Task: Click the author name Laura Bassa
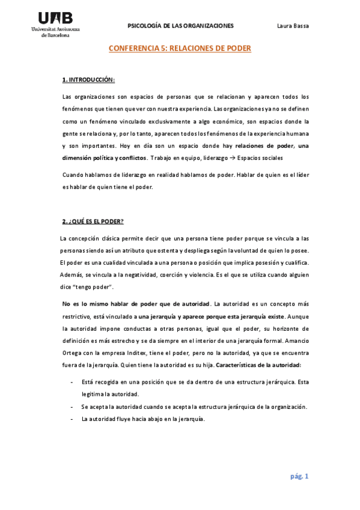click(293, 26)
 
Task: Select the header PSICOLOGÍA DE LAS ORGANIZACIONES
click(181, 26)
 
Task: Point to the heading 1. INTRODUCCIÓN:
click(89, 80)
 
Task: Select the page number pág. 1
click(299, 476)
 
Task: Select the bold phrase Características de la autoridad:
click(258, 365)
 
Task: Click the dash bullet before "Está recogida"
click(72, 382)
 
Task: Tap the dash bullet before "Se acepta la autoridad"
click(72, 407)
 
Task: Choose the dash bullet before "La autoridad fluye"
click(72, 419)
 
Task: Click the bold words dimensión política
click(90, 158)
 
